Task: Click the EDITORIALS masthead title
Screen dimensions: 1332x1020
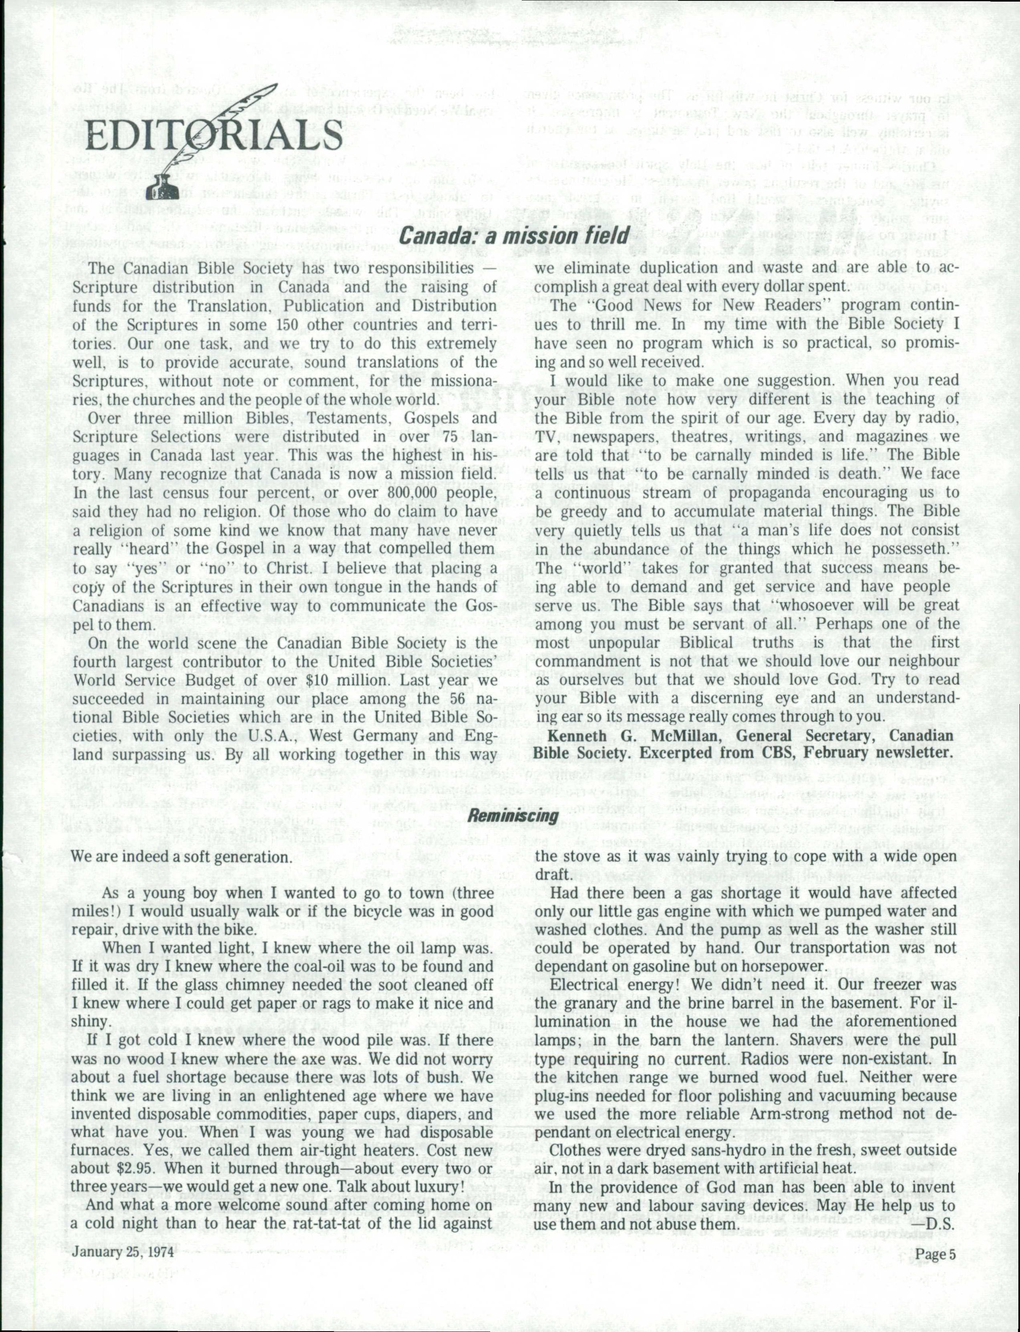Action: click(x=214, y=135)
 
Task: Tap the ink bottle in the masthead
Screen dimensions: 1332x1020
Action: click(x=161, y=189)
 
